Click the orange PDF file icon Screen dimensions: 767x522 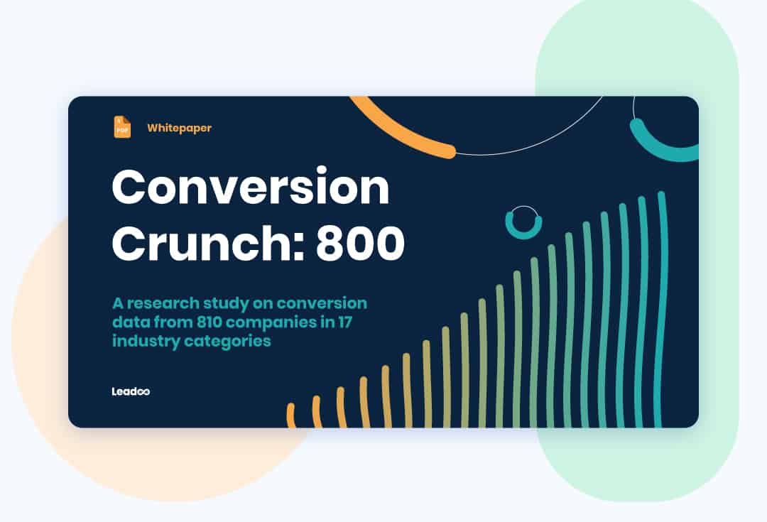pos(122,127)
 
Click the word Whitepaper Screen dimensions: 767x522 pos(180,128)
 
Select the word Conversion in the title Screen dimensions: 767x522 pos(251,187)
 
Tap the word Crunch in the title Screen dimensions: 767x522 pos(207,243)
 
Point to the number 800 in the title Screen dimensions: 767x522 pos(361,243)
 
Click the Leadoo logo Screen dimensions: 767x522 pos(131,391)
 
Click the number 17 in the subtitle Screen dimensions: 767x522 pos(345,322)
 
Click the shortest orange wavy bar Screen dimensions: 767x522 pos(291,416)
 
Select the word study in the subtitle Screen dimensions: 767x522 pos(227,304)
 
